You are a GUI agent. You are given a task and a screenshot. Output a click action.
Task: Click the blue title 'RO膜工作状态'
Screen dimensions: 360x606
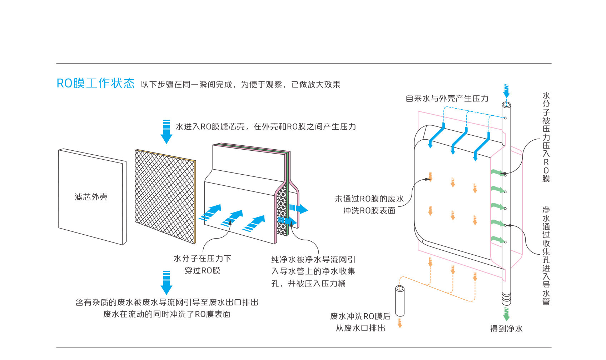95,83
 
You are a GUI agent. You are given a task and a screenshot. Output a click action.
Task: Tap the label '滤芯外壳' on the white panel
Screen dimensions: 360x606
91,197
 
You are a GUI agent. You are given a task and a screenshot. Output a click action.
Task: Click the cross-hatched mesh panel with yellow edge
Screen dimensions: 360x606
165,196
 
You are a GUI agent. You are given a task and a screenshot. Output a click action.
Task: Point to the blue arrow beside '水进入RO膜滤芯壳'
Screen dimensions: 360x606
167,132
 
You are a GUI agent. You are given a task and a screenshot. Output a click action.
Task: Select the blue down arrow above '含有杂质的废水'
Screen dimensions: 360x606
167,282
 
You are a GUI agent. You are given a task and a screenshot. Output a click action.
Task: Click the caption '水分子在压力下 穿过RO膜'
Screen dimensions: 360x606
202,264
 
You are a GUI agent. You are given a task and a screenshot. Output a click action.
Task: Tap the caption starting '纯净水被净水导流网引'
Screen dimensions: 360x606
313,271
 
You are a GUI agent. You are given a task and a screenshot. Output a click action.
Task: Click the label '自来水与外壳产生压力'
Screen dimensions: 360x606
447,99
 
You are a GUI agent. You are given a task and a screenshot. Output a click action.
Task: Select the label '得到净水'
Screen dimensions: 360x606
506,329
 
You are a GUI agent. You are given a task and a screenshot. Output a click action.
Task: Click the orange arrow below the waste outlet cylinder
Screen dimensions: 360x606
400,323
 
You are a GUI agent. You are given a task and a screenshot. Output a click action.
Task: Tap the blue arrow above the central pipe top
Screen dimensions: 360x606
506,91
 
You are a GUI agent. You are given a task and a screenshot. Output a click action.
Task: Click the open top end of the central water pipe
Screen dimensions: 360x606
506,105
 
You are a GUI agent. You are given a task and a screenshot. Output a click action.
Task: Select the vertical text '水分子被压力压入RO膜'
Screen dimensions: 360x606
546,137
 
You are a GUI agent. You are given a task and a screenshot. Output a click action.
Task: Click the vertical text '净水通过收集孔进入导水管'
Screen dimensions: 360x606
546,255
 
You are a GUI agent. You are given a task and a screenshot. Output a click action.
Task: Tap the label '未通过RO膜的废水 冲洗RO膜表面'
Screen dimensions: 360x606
369,205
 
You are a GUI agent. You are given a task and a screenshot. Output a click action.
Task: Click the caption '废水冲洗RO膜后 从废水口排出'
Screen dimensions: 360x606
360,322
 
